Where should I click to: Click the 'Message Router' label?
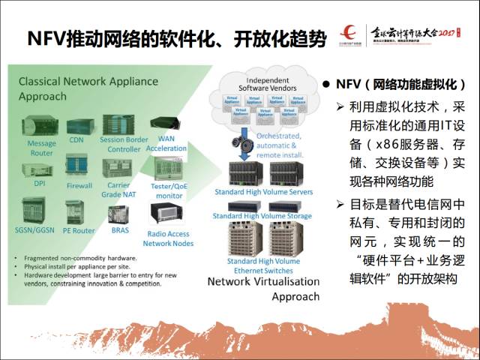click(x=41, y=148)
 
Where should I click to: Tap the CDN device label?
click(x=76, y=139)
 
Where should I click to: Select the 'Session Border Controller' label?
click(x=124, y=144)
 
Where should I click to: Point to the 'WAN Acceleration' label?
click(x=166, y=144)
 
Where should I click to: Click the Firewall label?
click(x=79, y=185)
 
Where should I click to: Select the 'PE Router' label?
click(x=78, y=231)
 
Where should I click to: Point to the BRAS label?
click(x=120, y=230)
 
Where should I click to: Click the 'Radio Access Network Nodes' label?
click(x=168, y=238)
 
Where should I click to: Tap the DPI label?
click(x=40, y=183)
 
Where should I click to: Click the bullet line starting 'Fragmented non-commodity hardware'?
click(x=75, y=259)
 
